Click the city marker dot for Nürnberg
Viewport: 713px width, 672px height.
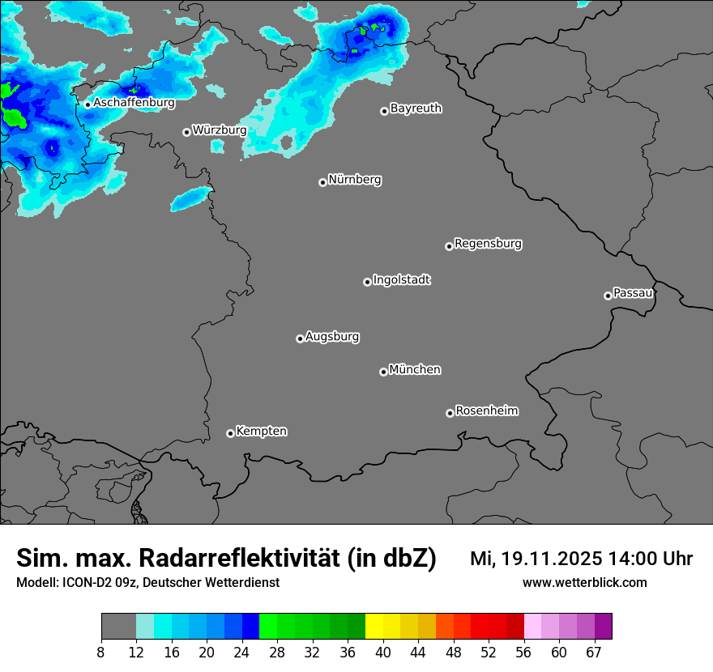point(322,182)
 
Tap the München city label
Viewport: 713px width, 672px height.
point(415,370)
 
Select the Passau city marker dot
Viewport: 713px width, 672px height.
point(608,296)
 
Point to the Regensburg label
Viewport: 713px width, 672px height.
point(488,244)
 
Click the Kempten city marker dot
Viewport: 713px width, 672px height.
point(230,433)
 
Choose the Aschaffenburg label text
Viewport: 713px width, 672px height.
point(134,103)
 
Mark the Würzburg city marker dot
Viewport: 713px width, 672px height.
point(186,132)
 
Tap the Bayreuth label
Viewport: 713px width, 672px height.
point(416,108)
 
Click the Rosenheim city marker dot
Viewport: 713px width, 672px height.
point(450,414)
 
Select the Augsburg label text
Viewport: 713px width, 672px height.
point(332,337)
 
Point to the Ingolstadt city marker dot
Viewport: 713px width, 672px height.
point(367,282)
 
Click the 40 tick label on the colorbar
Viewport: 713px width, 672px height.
point(382,653)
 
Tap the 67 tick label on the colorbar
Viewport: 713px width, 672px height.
point(594,653)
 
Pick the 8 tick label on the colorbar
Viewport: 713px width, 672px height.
point(101,653)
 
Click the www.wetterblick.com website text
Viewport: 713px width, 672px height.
point(584,582)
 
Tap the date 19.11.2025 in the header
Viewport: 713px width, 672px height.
point(551,559)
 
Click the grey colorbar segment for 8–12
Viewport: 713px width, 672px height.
point(118,627)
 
